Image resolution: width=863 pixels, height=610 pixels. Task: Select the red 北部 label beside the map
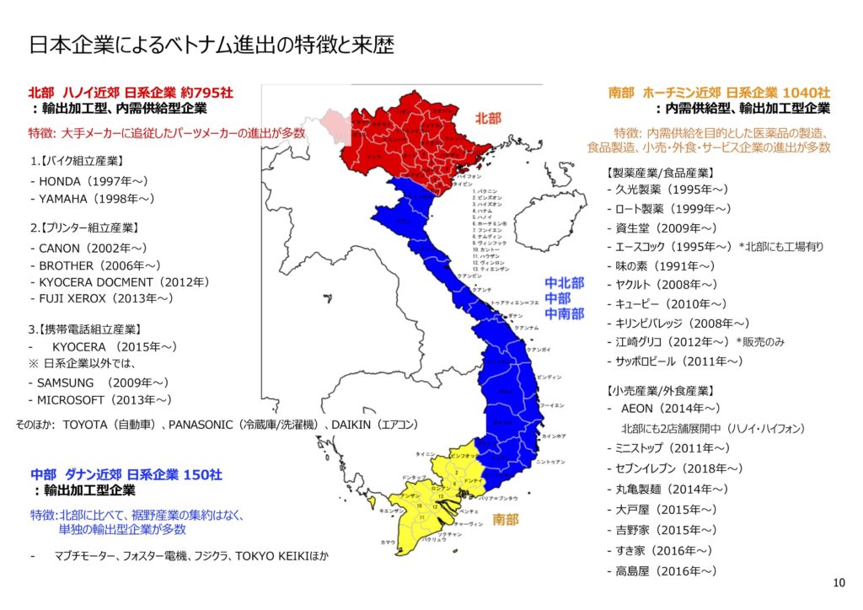click(x=486, y=119)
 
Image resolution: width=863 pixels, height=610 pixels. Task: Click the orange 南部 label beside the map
click(x=506, y=519)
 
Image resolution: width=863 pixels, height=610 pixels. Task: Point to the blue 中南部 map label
click(x=564, y=313)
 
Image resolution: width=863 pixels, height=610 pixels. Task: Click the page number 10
click(x=838, y=583)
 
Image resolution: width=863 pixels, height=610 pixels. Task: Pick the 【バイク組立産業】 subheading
click(x=77, y=161)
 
